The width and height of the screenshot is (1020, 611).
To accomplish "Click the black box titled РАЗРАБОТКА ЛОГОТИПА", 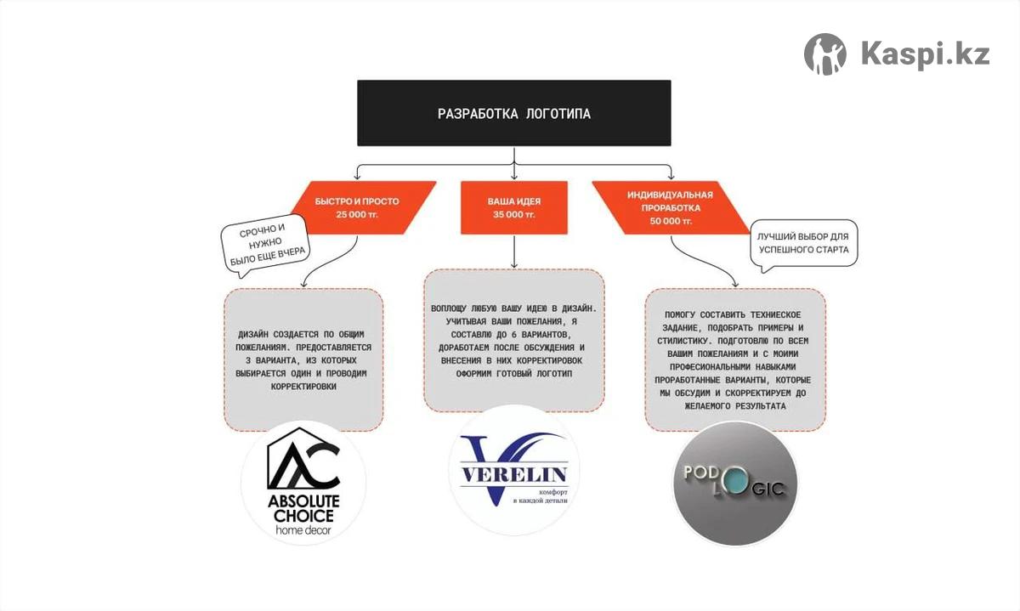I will click(x=513, y=113).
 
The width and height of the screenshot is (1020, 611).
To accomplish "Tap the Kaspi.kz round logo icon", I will click(x=825, y=54).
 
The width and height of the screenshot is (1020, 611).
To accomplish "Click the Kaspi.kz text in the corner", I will click(x=925, y=54).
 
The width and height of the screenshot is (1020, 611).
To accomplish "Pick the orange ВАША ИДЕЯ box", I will click(x=513, y=207).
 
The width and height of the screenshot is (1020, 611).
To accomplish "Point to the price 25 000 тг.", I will click(x=357, y=215).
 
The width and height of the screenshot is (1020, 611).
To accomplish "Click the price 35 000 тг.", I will click(x=513, y=215).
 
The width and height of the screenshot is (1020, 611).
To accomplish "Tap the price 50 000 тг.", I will click(x=671, y=221).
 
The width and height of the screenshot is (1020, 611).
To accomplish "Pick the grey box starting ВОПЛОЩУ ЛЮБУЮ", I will click(x=513, y=340).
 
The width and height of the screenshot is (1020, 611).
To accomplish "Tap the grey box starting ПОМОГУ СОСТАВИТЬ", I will click(x=735, y=359).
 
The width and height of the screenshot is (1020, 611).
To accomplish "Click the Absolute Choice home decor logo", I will click(x=303, y=482).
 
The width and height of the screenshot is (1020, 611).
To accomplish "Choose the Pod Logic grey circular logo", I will click(x=735, y=483).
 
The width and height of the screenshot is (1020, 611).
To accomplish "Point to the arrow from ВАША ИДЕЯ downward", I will click(x=513, y=252).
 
